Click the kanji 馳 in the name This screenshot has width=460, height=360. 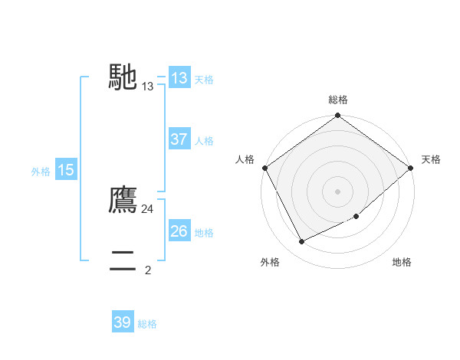[x=123, y=77]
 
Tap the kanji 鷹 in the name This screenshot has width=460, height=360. [x=123, y=201]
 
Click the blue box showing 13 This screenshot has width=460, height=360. [x=179, y=78]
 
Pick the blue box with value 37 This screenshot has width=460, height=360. [x=179, y=139]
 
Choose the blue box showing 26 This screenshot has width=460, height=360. [x=179, y=231]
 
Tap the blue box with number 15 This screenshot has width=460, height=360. [x=65, y=171]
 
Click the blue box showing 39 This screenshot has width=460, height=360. [x=122, y=322]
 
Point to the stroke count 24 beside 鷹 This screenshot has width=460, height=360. [x=147, y=208]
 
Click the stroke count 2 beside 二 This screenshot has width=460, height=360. [x=148, y=270]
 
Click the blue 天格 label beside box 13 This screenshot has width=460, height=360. [x=204, y=79]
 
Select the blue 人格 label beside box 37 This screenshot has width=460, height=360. [x=204, y=140]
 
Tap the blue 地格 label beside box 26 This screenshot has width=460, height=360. [x=204, y=232]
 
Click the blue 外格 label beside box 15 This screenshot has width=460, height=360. [x=41, y=172]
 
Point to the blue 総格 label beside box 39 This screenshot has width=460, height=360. [x=147, y=324]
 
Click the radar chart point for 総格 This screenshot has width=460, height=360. [x=337, y=116]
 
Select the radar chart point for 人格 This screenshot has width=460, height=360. [x=264, y=168]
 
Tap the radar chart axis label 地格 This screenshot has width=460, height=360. [x=402, y=263]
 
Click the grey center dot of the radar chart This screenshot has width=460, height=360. [x=337, y=191]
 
